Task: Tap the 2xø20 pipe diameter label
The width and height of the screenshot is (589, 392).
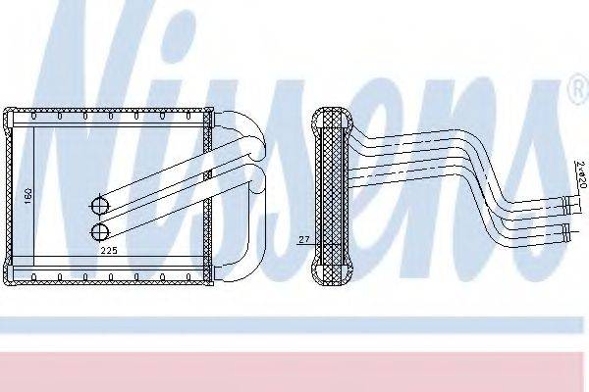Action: [x=581, y=173]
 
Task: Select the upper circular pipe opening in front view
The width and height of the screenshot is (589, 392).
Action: [x=99, y=206]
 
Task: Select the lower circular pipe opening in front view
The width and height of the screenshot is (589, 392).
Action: [x=99, y=231]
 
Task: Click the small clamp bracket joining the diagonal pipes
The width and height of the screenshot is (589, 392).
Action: [x=207, y=177]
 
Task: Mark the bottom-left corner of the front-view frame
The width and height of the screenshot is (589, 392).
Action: [x=9, y=283]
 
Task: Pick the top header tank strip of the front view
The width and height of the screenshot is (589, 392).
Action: [x=110, y=117]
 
